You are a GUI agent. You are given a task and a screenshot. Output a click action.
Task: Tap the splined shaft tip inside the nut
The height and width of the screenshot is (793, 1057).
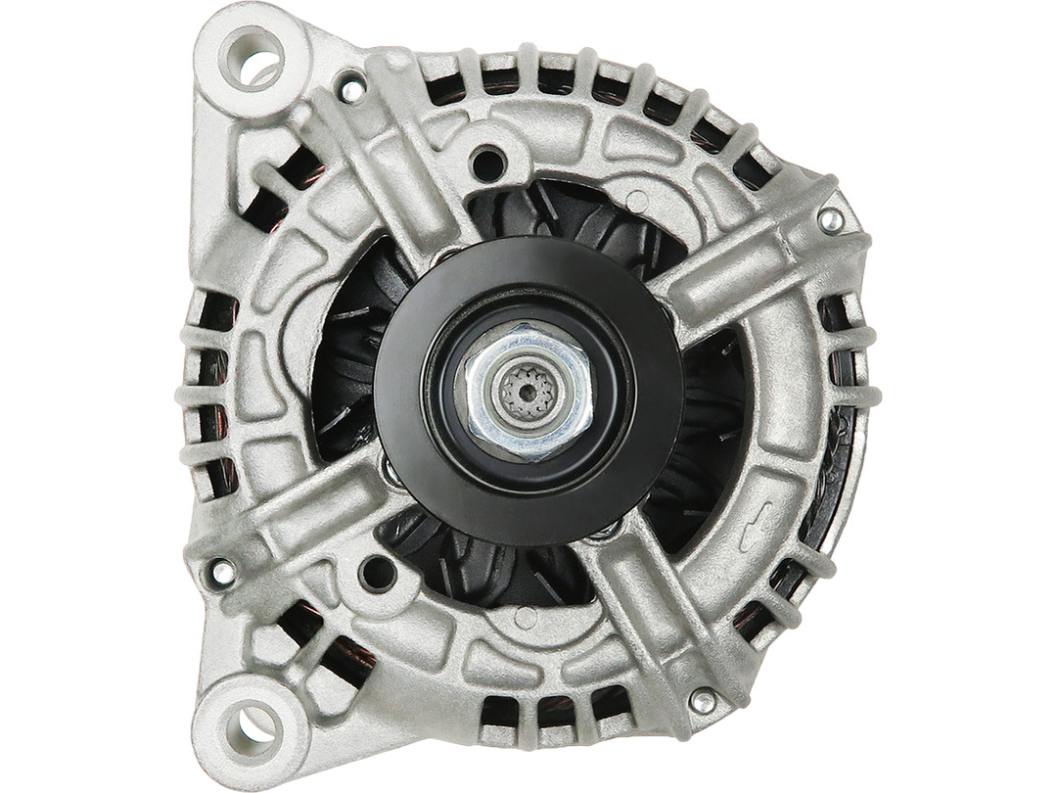pyautogui.click(x=528, y=393)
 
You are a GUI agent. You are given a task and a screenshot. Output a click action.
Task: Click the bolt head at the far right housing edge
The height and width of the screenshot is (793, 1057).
pyautogui.click(x=831, y=219)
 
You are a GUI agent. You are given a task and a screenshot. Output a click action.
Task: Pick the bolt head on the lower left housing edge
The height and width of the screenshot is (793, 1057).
pyautogui.click(x=222, y=571)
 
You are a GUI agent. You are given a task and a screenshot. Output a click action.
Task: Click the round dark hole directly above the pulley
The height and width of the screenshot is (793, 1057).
pyautogui.click(x=487, y=163)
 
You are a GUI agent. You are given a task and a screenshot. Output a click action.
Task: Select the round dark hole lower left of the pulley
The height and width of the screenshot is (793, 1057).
pyautogui.click(x=377, y=573)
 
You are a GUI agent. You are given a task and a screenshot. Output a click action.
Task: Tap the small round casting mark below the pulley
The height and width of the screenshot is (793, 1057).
pyautogui.click(x=526, y=618)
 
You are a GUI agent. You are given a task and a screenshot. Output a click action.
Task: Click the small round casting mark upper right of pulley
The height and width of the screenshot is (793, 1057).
pyautogui.click(x=637, y=202)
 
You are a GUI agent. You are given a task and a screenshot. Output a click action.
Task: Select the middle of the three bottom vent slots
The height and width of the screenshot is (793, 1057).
pyautogui.click(x=549, y=710)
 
